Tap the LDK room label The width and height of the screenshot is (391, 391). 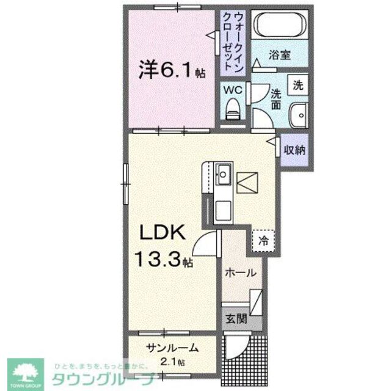click(159, 234)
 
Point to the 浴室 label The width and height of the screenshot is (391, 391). click(280, 54)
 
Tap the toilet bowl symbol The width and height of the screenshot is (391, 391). click(233, 109)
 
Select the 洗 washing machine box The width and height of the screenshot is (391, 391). click(298, 86)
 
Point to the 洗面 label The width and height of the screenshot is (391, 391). click(276, 100)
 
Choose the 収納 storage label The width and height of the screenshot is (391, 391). click(294, 149)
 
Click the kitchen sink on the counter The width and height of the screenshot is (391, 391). click(223, 175)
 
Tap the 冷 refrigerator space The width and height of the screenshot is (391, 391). click(262, 241)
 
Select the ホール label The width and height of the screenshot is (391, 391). click(239, 273)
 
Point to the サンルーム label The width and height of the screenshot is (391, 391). click(172, 349)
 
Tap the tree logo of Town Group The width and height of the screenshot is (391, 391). click(26, 370)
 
